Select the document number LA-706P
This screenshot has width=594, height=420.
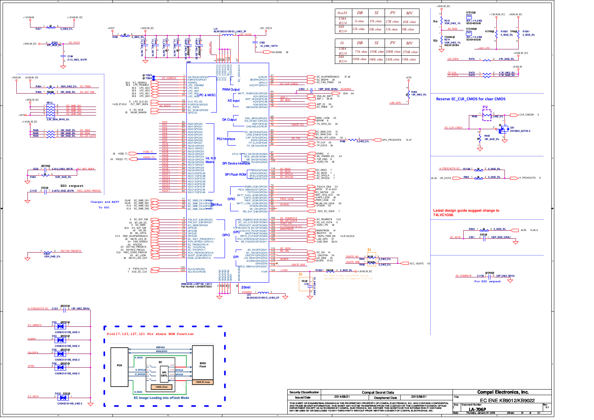(477, 410)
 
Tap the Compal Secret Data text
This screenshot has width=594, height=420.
(378, 392)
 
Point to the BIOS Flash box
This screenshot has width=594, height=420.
(203, 365)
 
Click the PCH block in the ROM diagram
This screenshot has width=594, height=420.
(120, 365)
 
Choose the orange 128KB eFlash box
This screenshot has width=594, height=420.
(161, 387)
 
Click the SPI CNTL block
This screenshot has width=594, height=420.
(164, 374)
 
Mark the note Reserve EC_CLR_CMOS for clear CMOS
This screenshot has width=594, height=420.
(470, 99)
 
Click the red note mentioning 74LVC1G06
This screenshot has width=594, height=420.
(466, 212)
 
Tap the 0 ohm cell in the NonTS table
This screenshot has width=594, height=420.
(359, 21)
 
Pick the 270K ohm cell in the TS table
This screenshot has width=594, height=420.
(409, 52)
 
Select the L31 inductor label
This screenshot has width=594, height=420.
(216, 29)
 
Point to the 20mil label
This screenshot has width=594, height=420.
(246, 287)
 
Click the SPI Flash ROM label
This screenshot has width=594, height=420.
(235, 175)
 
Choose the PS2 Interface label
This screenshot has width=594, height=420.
(226, 139)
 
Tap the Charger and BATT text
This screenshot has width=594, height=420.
(105, 202)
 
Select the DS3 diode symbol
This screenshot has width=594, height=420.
(60, 326)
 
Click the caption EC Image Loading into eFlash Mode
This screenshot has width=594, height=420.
(161, 398)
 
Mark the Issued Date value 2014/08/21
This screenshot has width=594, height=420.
(342, 397)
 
